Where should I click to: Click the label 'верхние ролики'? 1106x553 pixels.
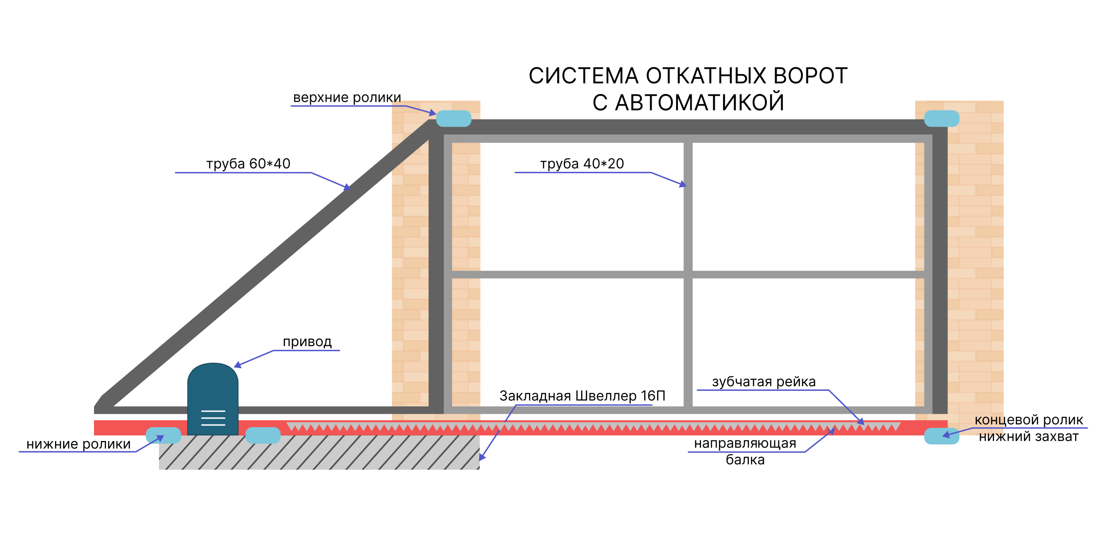(347, 98)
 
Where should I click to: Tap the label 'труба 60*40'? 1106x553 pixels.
(248, 164)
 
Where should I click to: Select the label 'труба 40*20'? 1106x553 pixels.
(582, 164)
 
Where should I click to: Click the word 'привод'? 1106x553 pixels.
(307, 342)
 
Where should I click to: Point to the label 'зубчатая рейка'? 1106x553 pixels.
(764, 382)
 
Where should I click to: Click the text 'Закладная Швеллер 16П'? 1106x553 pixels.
(582, 396)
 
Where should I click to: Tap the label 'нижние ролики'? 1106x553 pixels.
(78, 444)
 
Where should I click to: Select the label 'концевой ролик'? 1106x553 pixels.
(1029, 420)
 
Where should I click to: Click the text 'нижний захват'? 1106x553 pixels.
(1029, 436)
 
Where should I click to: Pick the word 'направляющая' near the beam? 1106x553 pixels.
(745, 443)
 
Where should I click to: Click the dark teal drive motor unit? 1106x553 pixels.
(213, 399)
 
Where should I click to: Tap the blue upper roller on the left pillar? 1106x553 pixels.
(453, 118)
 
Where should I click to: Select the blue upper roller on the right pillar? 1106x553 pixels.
(941, 118)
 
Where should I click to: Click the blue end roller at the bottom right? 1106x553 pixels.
(941, 436)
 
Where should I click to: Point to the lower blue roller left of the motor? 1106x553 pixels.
(163, 435)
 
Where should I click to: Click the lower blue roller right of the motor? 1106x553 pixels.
(263, 435)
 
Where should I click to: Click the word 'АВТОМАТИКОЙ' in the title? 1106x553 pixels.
(700, 102)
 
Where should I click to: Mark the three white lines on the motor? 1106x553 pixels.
(213, 418)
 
